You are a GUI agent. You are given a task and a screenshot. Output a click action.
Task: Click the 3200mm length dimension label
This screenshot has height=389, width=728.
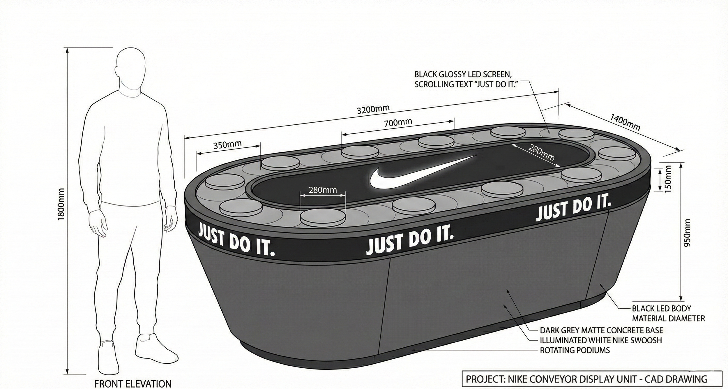(373, 109)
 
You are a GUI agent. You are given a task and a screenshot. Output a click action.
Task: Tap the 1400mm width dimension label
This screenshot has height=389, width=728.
(625, 122)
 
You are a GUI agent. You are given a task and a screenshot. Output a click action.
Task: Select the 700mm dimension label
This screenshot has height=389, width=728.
(398, 123)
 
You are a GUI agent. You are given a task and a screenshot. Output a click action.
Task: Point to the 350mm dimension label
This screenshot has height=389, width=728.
(227, 145)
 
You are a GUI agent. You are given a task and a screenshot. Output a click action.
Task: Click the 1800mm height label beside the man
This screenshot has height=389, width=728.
(61, 204)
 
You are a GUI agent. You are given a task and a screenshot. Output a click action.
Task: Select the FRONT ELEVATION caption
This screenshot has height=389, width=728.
(133, 383)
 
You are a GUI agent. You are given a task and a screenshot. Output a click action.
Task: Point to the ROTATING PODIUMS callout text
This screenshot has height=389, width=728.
(575, 350)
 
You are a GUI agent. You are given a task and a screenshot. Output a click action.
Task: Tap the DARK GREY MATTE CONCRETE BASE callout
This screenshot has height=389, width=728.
(601, 330)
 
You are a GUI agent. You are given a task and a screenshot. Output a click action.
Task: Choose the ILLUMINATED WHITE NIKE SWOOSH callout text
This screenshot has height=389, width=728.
(601, 340)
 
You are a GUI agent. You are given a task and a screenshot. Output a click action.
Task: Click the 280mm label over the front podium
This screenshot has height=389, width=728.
(323, 190)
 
